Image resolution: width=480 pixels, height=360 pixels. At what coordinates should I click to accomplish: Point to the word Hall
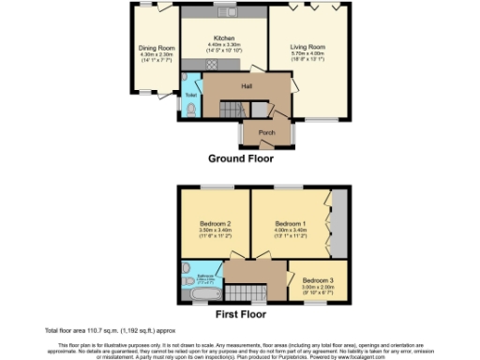(x=247, y=87)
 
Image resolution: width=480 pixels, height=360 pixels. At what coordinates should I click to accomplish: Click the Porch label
(x=266, y=134)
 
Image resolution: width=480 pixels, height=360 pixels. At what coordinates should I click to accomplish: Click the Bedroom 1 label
(x=288, y=223)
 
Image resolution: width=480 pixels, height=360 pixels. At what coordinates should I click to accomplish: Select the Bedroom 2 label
(x=216, y=223)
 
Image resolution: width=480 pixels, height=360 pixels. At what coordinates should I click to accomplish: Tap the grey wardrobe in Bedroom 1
(x=337, y=223)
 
